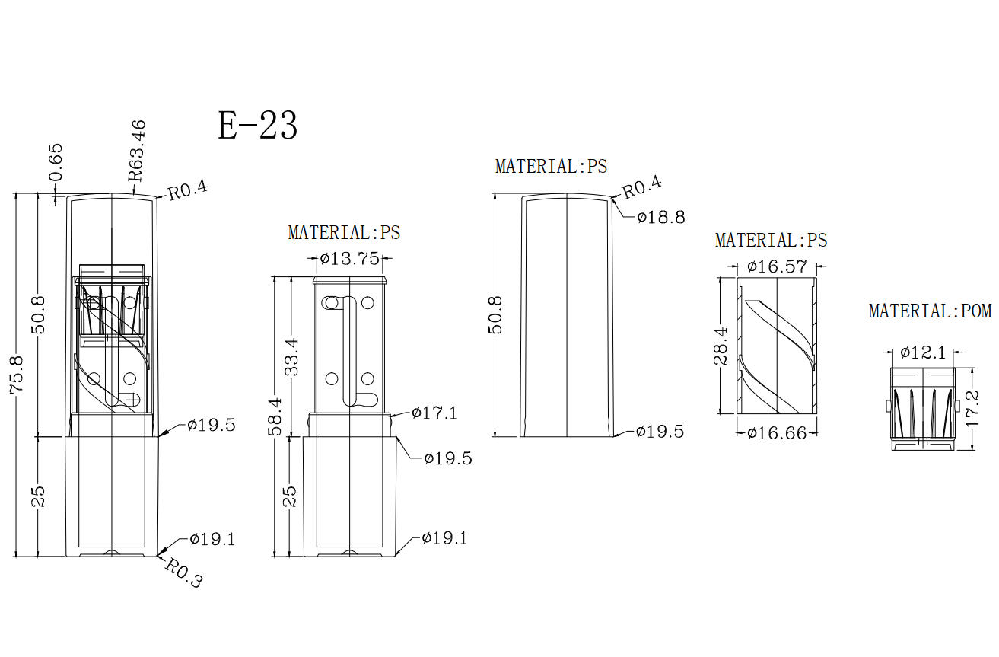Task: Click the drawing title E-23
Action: click(257, 126)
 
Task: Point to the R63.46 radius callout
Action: click(137, 151)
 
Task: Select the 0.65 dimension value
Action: click(56, 162)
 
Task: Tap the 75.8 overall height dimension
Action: click(17, 374)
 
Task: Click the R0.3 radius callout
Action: click(183, 572)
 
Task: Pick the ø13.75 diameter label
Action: click(350, 258)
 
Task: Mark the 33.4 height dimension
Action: click(291, 356)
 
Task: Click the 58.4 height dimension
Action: click(275, 417)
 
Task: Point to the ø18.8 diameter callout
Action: click(661, 218)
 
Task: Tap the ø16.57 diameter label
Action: click(778, 266)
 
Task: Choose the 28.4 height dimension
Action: click(721, 346)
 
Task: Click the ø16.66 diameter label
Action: click(777, 433)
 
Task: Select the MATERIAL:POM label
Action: click(931, 311)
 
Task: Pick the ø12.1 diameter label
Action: click(923, 352)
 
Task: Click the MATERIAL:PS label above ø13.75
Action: click(345, 232)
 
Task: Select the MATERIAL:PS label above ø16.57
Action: click(772, 240)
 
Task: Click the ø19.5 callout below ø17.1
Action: click(448, 458)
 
